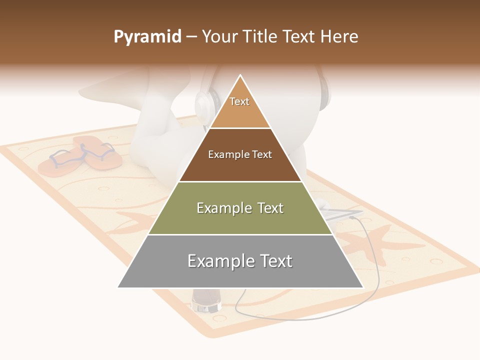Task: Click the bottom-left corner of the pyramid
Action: coord(119,287)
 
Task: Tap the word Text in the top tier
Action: coord(239,101)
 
